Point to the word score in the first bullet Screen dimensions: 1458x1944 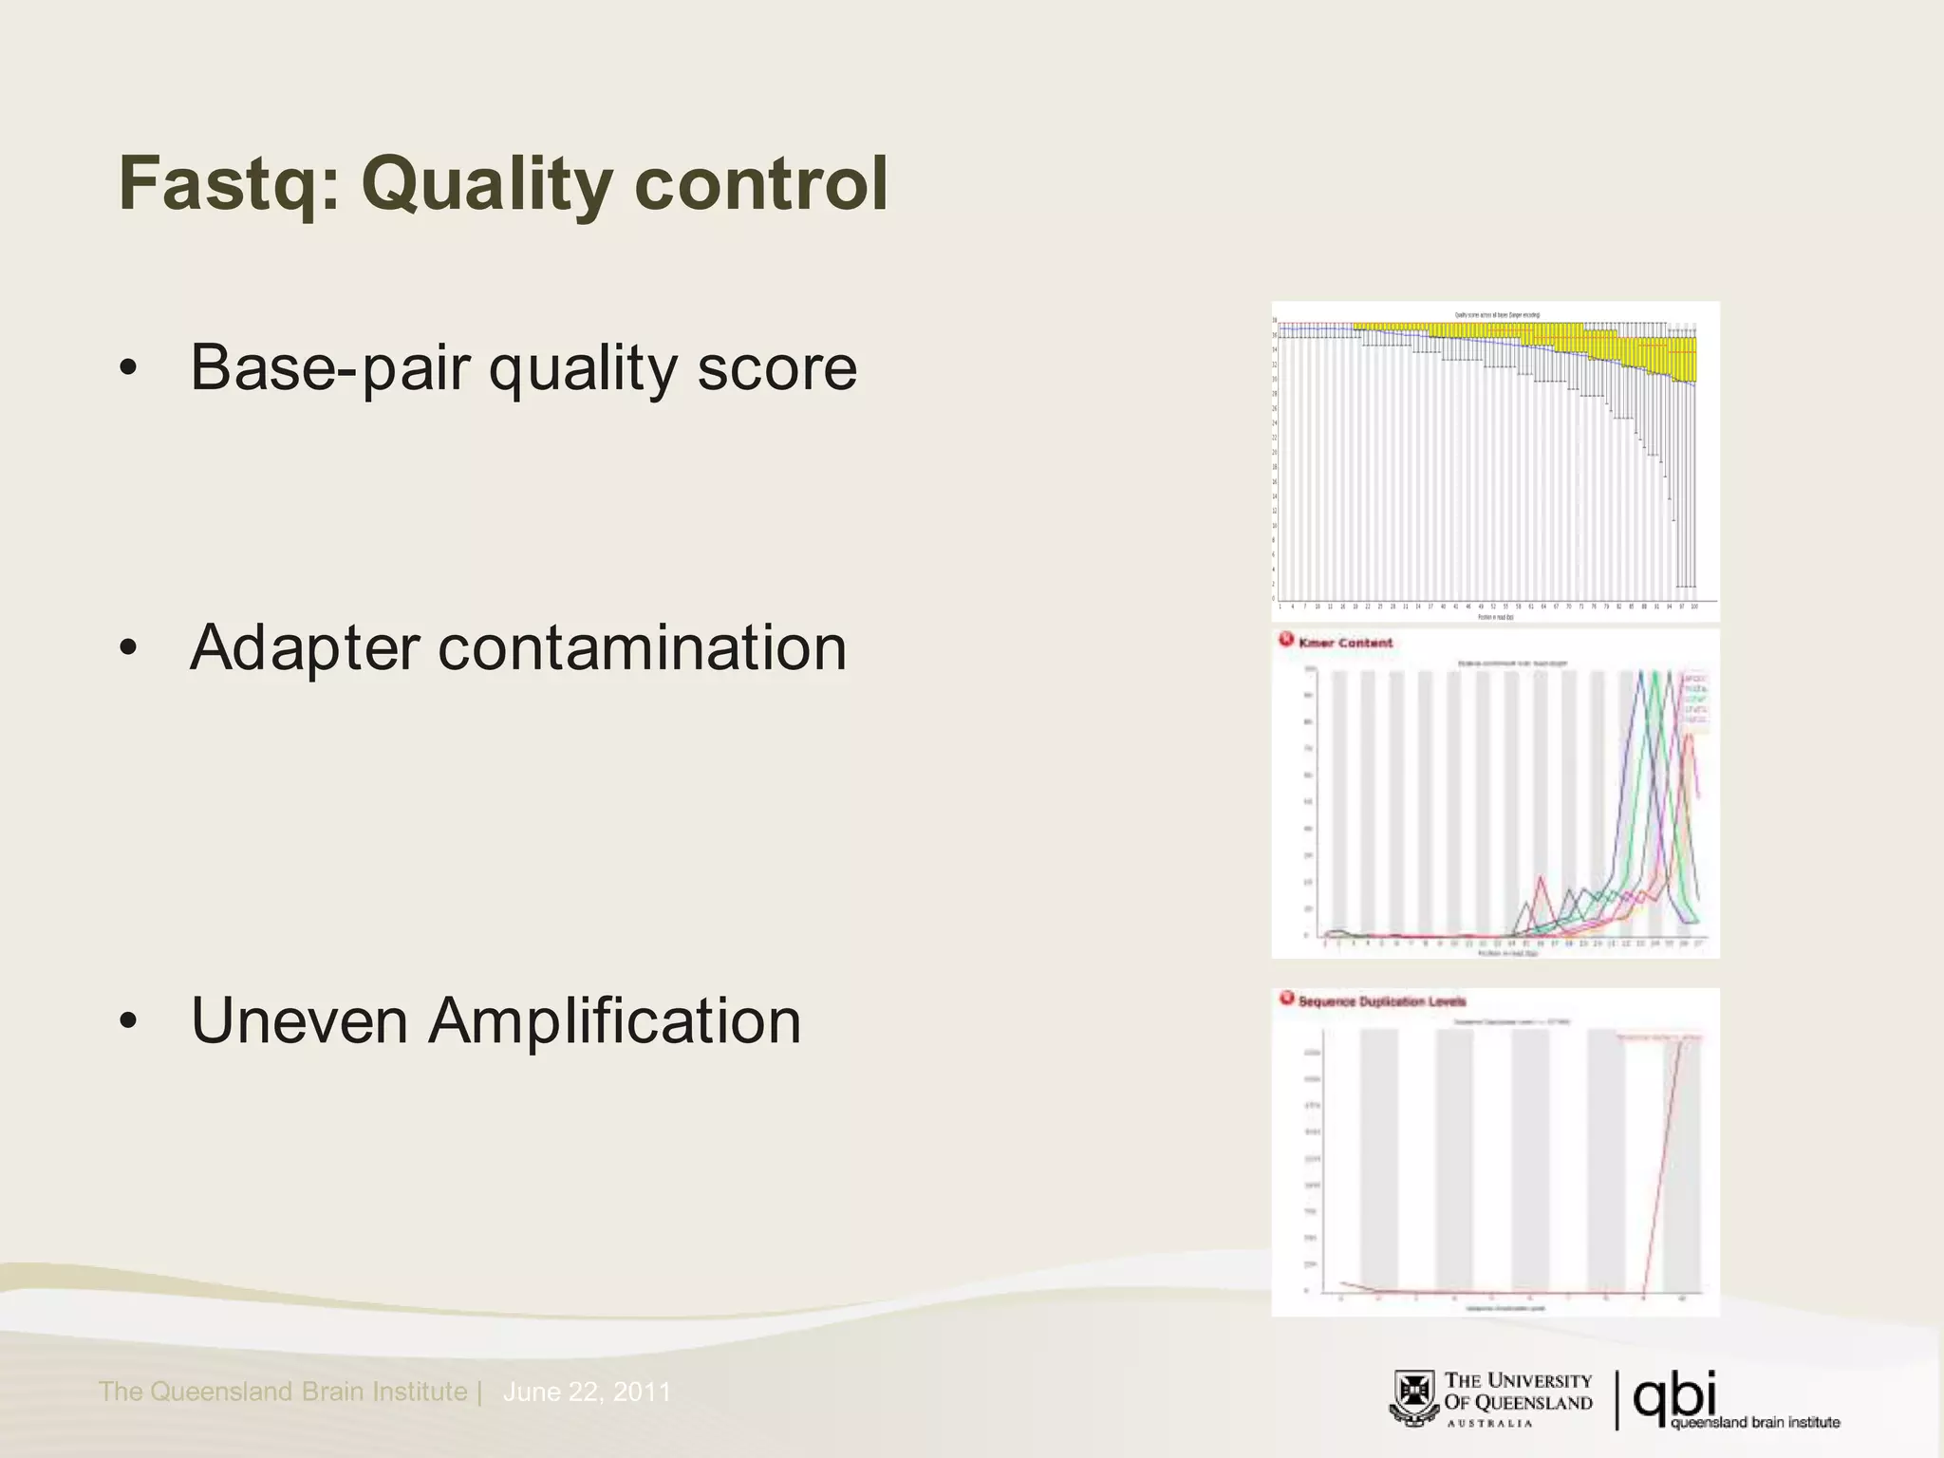[776, 369]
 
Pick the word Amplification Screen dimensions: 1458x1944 [614, 1023]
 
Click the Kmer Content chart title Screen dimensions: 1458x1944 [1345, 643]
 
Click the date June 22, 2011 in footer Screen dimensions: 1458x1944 [587, 1393]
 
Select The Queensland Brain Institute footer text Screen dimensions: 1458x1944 [283, 1393]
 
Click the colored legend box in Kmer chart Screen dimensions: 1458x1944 [1694, 701]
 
